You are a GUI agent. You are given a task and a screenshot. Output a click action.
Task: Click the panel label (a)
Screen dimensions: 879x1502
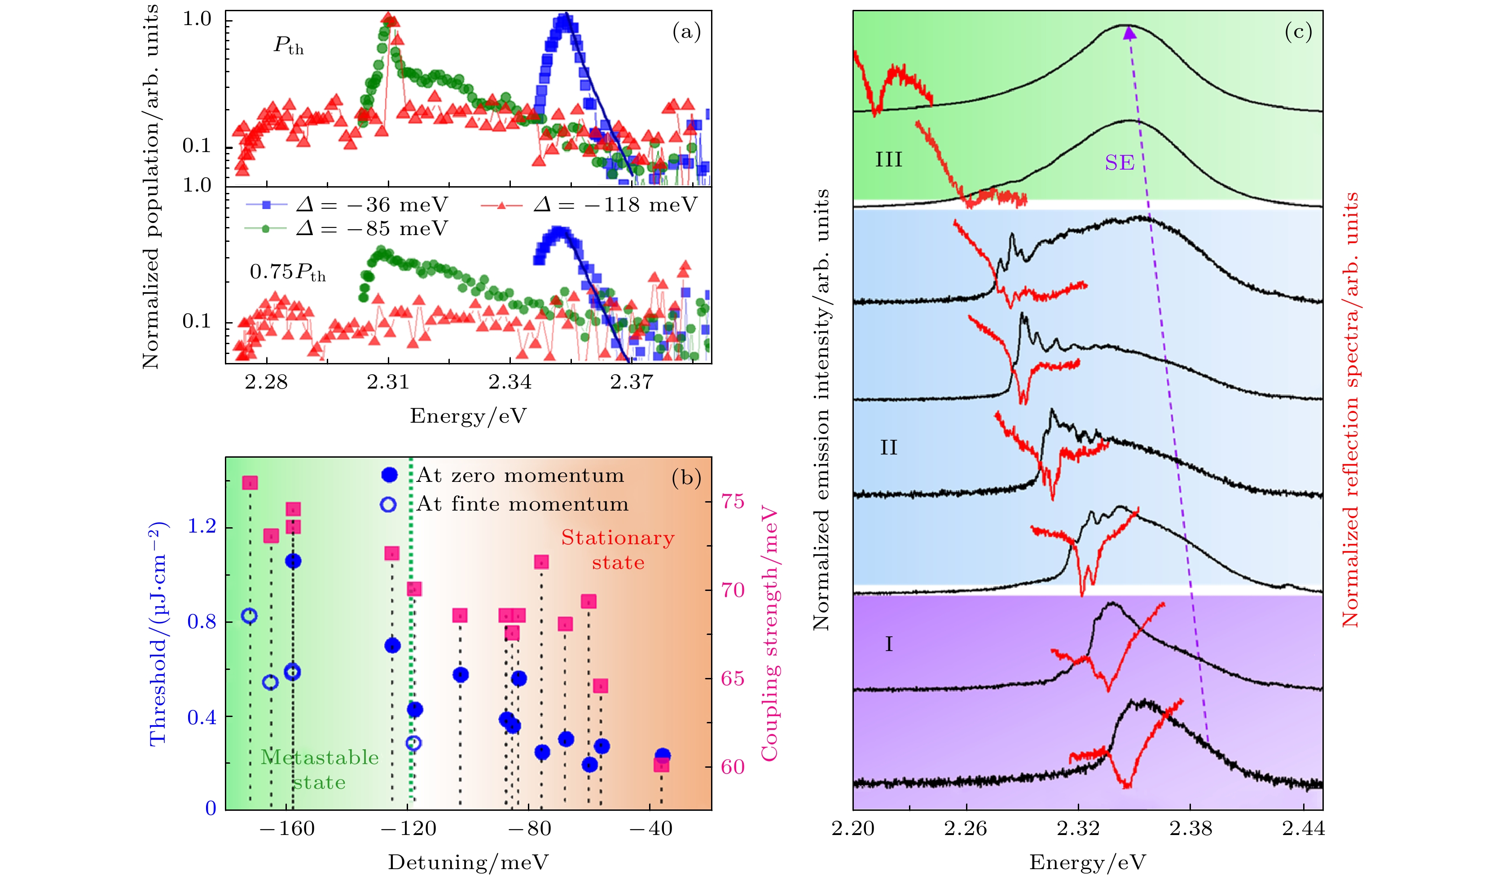tap(686, 31)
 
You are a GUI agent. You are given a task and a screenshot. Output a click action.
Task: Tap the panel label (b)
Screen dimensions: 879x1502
tap(686, 478)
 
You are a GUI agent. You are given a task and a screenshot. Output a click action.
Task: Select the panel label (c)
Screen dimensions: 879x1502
tap(1298, 31)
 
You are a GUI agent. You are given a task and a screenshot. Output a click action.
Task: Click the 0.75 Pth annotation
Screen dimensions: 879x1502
tap(288, 272)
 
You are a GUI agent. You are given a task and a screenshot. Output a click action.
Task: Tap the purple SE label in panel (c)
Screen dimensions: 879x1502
tap(1120, 163)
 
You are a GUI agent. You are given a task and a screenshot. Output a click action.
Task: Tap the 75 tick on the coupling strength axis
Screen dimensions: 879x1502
tap(733, 502)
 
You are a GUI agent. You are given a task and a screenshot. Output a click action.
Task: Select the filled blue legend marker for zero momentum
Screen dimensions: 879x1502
tap(389, 475)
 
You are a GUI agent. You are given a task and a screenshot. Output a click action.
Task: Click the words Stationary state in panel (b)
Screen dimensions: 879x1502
tap(618, 550)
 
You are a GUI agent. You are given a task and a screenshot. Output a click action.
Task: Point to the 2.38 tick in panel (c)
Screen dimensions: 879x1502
tap(1190, 829)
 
